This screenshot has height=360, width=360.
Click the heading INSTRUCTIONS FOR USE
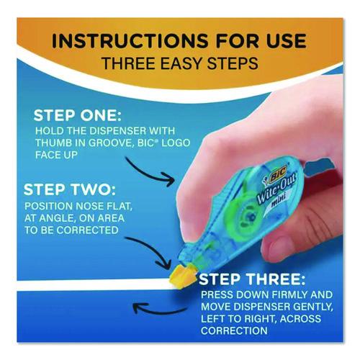pos(179,41)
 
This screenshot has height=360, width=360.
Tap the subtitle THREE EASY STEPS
pos(180,63)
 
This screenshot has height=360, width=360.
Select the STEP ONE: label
pos(78,116)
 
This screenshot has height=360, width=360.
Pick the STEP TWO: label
pos(70,189)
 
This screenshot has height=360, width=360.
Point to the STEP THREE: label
pos(252,279)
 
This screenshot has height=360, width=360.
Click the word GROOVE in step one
pos(111,143)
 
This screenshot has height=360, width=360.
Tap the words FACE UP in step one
pos(56,155)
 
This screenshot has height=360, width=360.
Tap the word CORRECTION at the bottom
pos(234,330)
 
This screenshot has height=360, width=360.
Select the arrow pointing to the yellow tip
pos(150,250)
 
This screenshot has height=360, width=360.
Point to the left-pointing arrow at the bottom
pos(158,309)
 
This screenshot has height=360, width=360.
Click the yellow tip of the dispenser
pos(181,274)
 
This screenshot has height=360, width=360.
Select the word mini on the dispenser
pos(279,202)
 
